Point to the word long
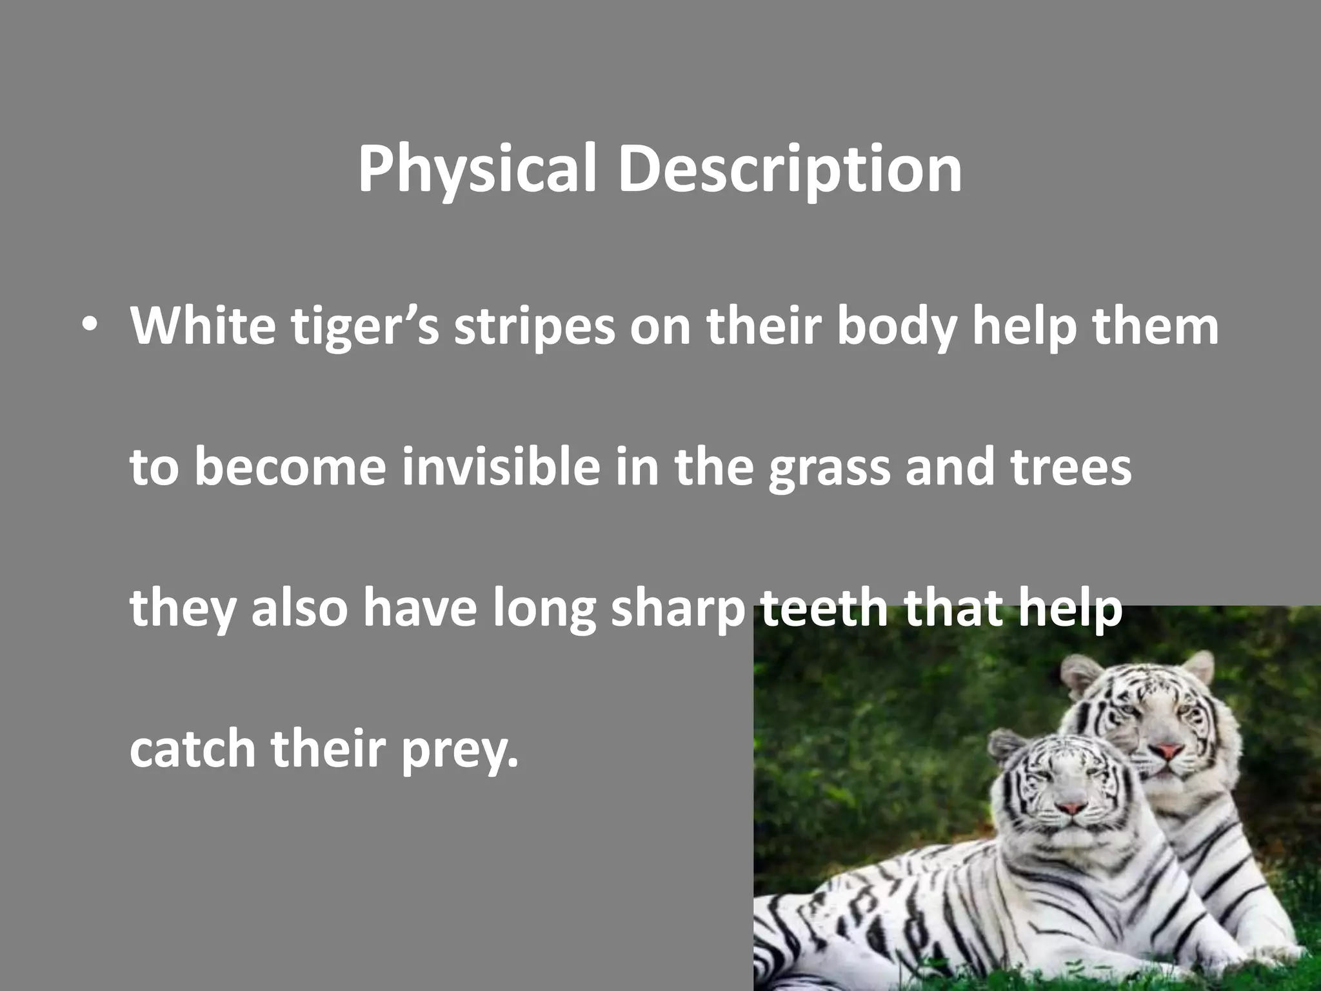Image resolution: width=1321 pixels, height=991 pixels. [544, 610]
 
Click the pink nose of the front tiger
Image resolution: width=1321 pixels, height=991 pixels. [1071, 808]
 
